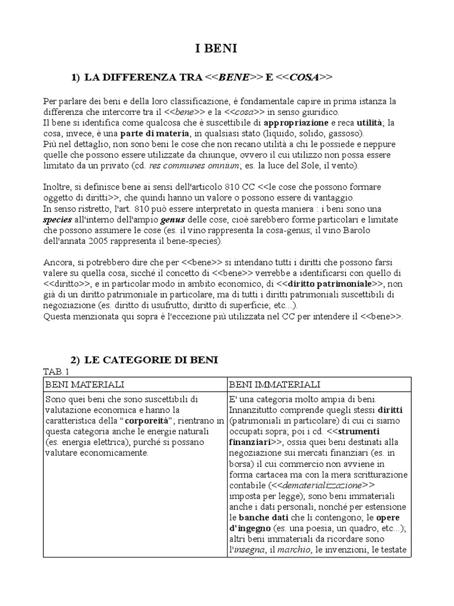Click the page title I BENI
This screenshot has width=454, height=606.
point(216,50)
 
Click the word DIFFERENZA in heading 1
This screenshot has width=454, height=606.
point(131,78)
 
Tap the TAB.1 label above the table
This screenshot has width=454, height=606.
point(56,371)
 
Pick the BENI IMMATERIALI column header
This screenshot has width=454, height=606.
point(266,385)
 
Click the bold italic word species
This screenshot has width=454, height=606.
point(58,220)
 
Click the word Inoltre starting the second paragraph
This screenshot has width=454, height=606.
point(57,188)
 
